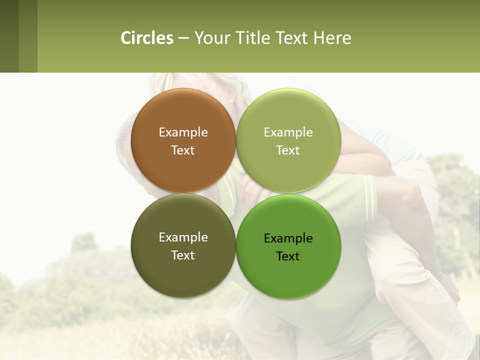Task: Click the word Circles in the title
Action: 147,38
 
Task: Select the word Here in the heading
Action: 332,38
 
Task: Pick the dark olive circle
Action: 183,272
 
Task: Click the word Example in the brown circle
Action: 183,132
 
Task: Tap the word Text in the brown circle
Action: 183,150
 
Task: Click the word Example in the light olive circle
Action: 288,132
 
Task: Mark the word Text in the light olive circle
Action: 288,150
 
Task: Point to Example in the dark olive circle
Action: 183,237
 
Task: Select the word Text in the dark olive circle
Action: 183,255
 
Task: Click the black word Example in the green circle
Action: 288,238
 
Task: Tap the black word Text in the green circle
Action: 288,256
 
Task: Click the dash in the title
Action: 183,38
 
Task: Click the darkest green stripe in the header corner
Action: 9,36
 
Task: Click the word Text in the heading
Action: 292,38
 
